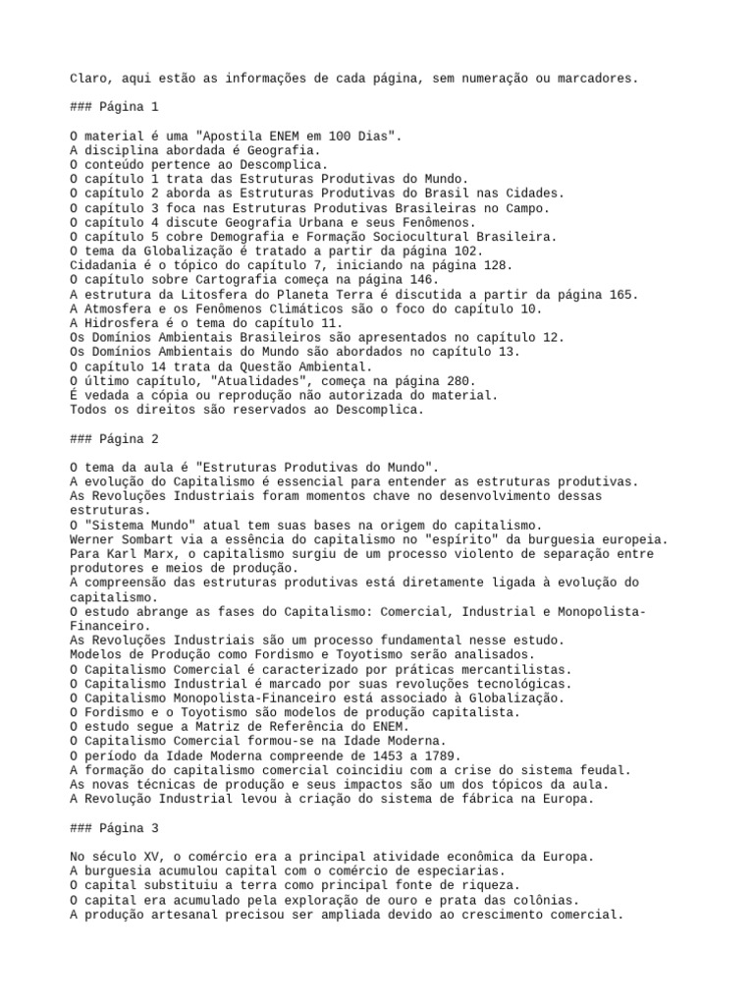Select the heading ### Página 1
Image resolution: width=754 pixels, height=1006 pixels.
pyautogui.click(x=114, y=106)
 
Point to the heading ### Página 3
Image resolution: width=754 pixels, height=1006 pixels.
pyautogui.click(x=114, y=828)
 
